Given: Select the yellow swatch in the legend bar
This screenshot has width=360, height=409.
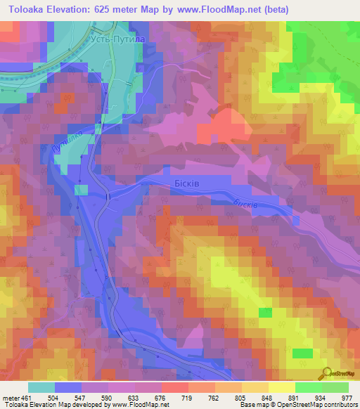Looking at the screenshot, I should coord(282,387).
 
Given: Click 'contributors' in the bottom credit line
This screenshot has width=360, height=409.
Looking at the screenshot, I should coord(338,405).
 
